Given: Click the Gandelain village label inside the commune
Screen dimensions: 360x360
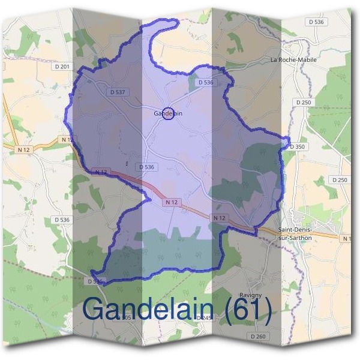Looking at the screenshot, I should [x=167, y=113].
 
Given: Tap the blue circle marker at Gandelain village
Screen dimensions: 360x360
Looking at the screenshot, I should [x=169, y=113].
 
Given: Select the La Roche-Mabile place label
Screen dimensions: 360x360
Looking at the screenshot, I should [x=293, y=60].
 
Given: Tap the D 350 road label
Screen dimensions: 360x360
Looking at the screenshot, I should [x=297, y=146].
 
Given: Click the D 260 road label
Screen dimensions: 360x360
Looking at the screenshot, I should [x=257, y=337].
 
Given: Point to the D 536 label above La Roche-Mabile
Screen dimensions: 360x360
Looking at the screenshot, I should [x=315, y=22].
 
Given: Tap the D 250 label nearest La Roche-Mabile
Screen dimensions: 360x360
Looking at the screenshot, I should [x=304, y=103].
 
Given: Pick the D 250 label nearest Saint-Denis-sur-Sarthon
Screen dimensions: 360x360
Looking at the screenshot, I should [x=340, y=180].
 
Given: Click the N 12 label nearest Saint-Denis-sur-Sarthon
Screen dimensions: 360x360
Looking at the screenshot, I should [x=220, y=217].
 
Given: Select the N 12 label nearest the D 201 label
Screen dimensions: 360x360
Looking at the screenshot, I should [x=68, y=139].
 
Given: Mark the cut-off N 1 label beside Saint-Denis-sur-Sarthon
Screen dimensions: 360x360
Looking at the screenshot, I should [x=346, y=239].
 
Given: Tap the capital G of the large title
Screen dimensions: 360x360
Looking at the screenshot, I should [x=95, y=309].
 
